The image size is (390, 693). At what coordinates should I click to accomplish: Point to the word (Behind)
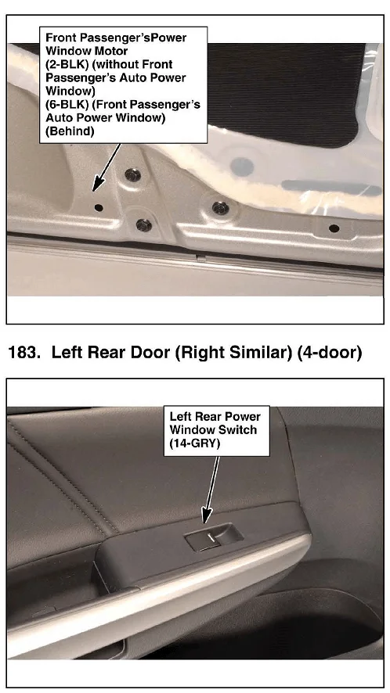(x=70, y=131)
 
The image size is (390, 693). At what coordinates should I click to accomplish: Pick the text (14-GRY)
(x=195, y=443)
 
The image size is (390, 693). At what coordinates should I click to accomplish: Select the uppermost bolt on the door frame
(x=132, y=175)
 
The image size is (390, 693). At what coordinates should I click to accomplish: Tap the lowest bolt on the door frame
(x=143, y=225)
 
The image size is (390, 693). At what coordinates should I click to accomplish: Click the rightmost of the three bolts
(x=221, y=208)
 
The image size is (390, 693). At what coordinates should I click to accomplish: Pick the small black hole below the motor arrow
(x=99, y=207)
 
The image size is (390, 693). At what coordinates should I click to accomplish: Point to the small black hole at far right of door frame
(x=334, y=228)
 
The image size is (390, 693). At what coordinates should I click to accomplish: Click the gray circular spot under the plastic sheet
(x=242, y=166)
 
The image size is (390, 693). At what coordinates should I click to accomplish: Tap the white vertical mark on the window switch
(x=211, y=537)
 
